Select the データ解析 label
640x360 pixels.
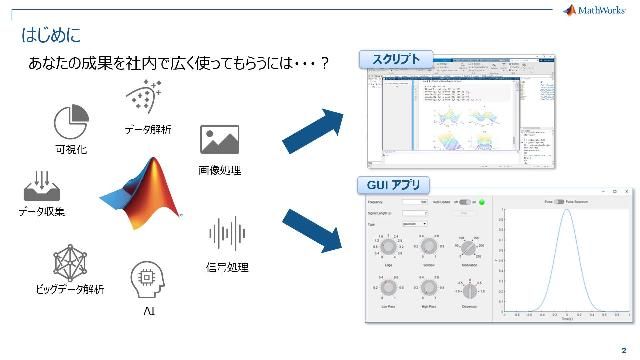point(148,129)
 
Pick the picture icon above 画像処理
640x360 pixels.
point(219,140)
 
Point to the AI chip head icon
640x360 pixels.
point(147,279)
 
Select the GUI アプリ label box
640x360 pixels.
point(394,184)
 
